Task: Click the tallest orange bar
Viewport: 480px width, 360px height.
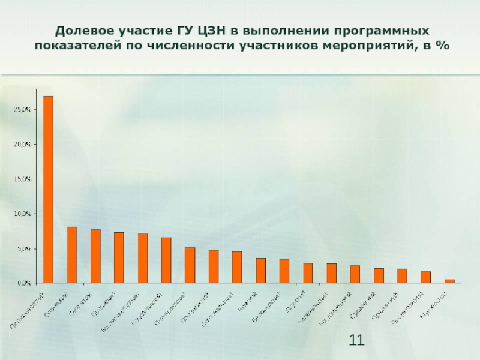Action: (48, 189)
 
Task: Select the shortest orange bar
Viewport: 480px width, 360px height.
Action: (449, 281)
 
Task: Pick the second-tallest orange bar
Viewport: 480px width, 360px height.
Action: (72, 254)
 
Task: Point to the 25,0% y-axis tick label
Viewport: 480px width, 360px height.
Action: (23, 110)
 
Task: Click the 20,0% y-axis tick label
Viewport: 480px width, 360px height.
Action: (23, 145)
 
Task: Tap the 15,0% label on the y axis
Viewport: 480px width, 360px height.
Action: (23, 179)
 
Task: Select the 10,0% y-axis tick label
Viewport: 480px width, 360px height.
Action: (23, 214)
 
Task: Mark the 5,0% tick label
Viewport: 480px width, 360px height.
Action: (25, 248)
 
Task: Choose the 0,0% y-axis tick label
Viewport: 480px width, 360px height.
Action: (25, 283)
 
